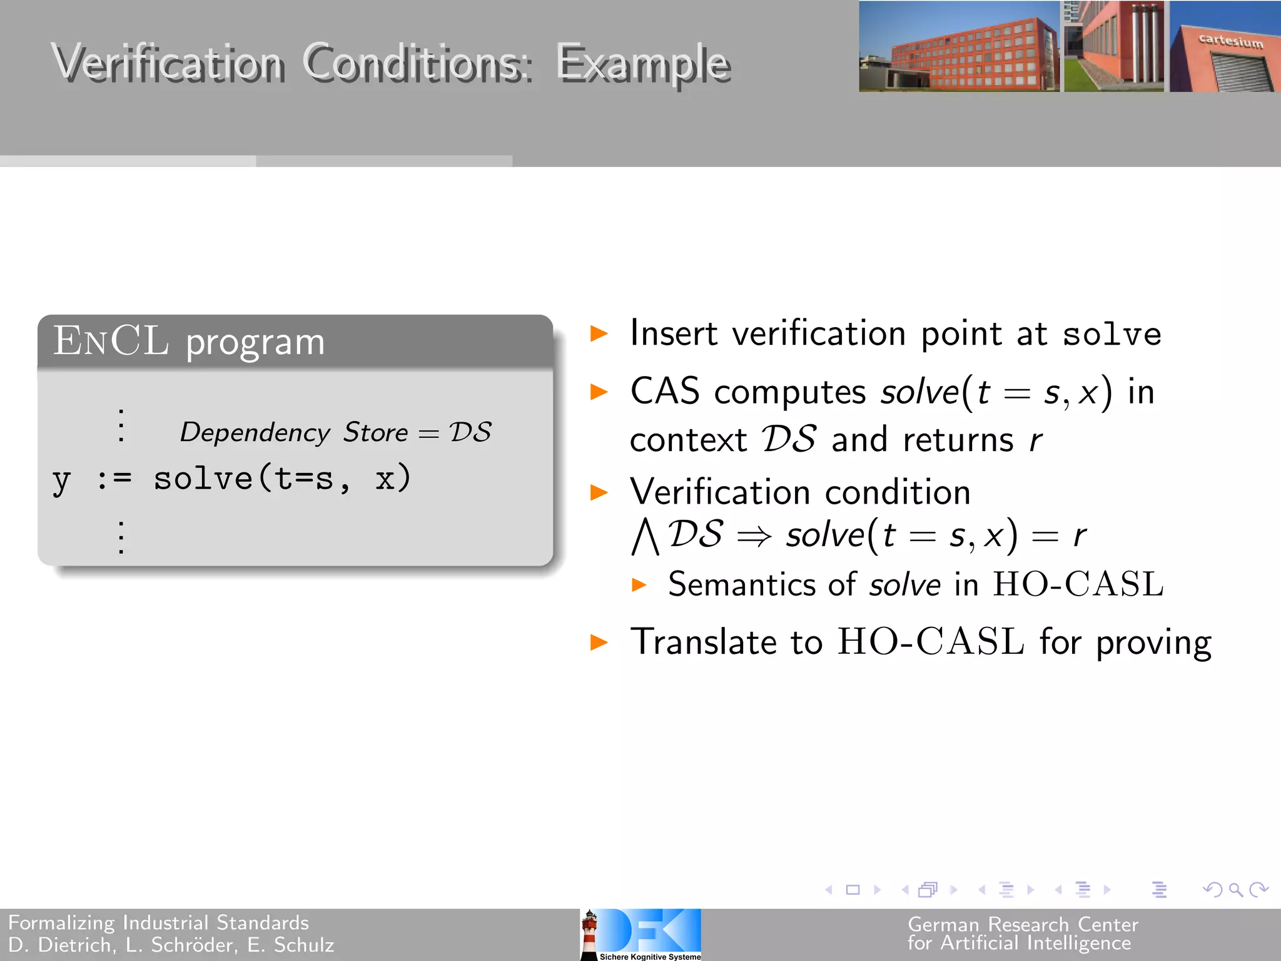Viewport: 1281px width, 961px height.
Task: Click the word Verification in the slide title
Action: (x=168, y=64)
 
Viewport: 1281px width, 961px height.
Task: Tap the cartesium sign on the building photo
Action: (x=1230, y=41)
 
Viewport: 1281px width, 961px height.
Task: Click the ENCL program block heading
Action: (x=189, y=342)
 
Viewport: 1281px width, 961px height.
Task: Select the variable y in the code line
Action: (x=61, y=480)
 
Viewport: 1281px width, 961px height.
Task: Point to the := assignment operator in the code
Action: (x=114, y=479)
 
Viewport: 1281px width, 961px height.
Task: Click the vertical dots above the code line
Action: (x=121, y=425)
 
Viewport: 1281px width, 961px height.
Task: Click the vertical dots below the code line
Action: (x=121, y=537)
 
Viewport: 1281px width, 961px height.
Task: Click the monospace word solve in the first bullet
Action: (x=1111, y=334)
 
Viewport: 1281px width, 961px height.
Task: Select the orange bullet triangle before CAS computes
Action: (x=599, y=392)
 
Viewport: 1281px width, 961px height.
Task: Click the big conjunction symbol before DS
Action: (x=645, y=537)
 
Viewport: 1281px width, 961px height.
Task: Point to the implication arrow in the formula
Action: (x=754, y=536)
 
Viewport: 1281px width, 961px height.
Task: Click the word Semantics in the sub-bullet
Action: (x=742, y=584)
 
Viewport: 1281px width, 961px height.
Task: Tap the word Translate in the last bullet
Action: (x=704, y=642)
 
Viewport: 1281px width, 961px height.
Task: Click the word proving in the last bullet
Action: (x=1153, y=643)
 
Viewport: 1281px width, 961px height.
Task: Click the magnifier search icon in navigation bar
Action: (x=1235, y=889)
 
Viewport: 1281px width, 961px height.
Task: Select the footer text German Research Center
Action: (x=1023, y=924)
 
